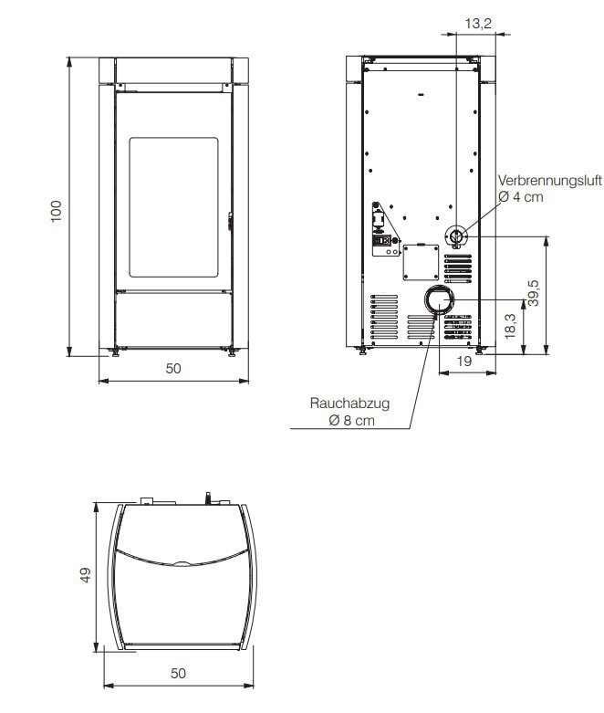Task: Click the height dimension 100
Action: tap(56, 211)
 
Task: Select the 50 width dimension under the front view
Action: tap(173, 369)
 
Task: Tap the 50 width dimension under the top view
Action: tap(179, 674)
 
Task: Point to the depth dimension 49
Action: tap(86, 574)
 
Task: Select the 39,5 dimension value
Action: tap(535, 294)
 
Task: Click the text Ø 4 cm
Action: tap(520, 196)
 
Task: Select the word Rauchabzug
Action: tap(339, 403)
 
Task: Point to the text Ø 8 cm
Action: tap(351, 421)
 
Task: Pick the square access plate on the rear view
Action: tap(420, 263)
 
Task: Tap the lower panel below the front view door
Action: tap(173, 319)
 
